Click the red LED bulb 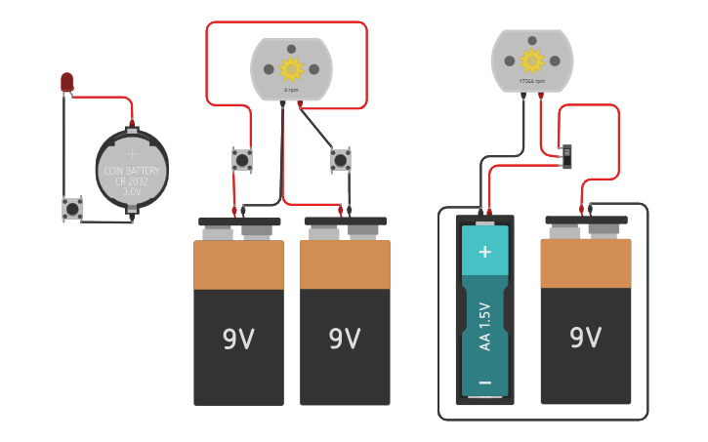[x=66, y=83]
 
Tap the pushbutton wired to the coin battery [x=72, y=208]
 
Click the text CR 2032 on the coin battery [x=132, y=181]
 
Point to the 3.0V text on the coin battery [x=132, y=192]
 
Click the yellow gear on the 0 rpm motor [x=291, y=69]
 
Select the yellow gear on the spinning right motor [x=531, y=60]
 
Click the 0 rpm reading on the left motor [x=291, y=90]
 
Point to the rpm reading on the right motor [x=531, y=82]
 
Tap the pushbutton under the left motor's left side [x=241, y=159]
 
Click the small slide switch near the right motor [x=567, y=155]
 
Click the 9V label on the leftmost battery [x=238, y=339]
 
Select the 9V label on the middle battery [x=345, y=339]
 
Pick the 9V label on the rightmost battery [x=585, y=337]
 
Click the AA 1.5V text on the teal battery [x=484, y=326]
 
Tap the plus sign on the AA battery [x=484, y=252]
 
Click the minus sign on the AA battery [x=484, y=382]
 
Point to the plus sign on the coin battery [x=132, y=151]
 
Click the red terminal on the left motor [x=300, y=102]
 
